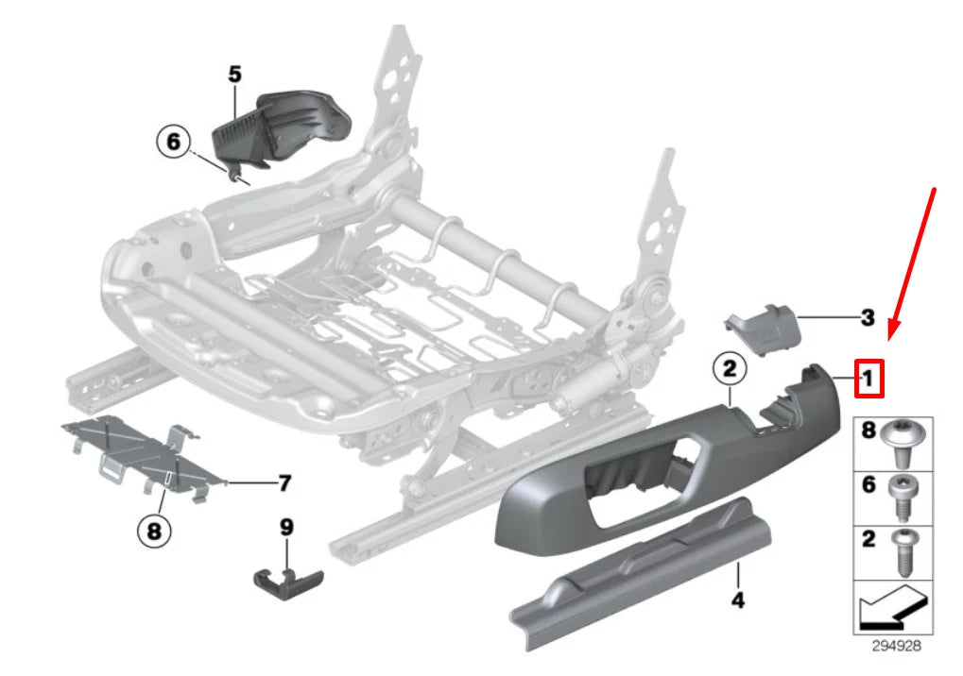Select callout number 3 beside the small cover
coord(868,317)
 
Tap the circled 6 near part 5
coord(173,143)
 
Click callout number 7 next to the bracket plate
coord(284,483)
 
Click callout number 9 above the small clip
coord(287,526)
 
